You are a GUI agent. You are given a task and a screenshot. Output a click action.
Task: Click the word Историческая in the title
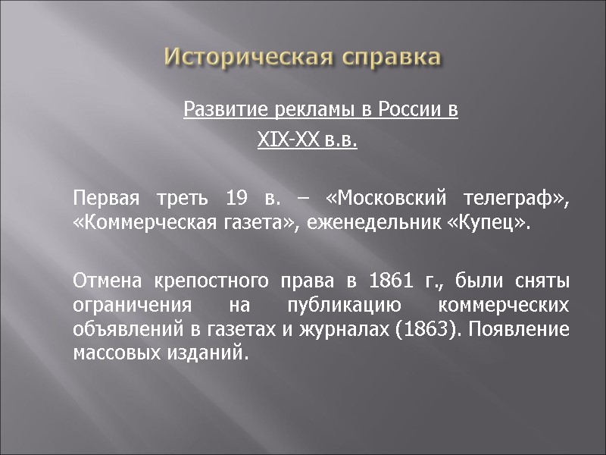click(x=249, y=57)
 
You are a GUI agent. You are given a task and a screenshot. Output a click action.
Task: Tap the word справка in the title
click(x=390, y=57)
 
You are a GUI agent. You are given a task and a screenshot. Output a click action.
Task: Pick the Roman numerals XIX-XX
click(x=283, y=141)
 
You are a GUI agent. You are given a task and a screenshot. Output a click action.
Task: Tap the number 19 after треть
click(x=237, y=199)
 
